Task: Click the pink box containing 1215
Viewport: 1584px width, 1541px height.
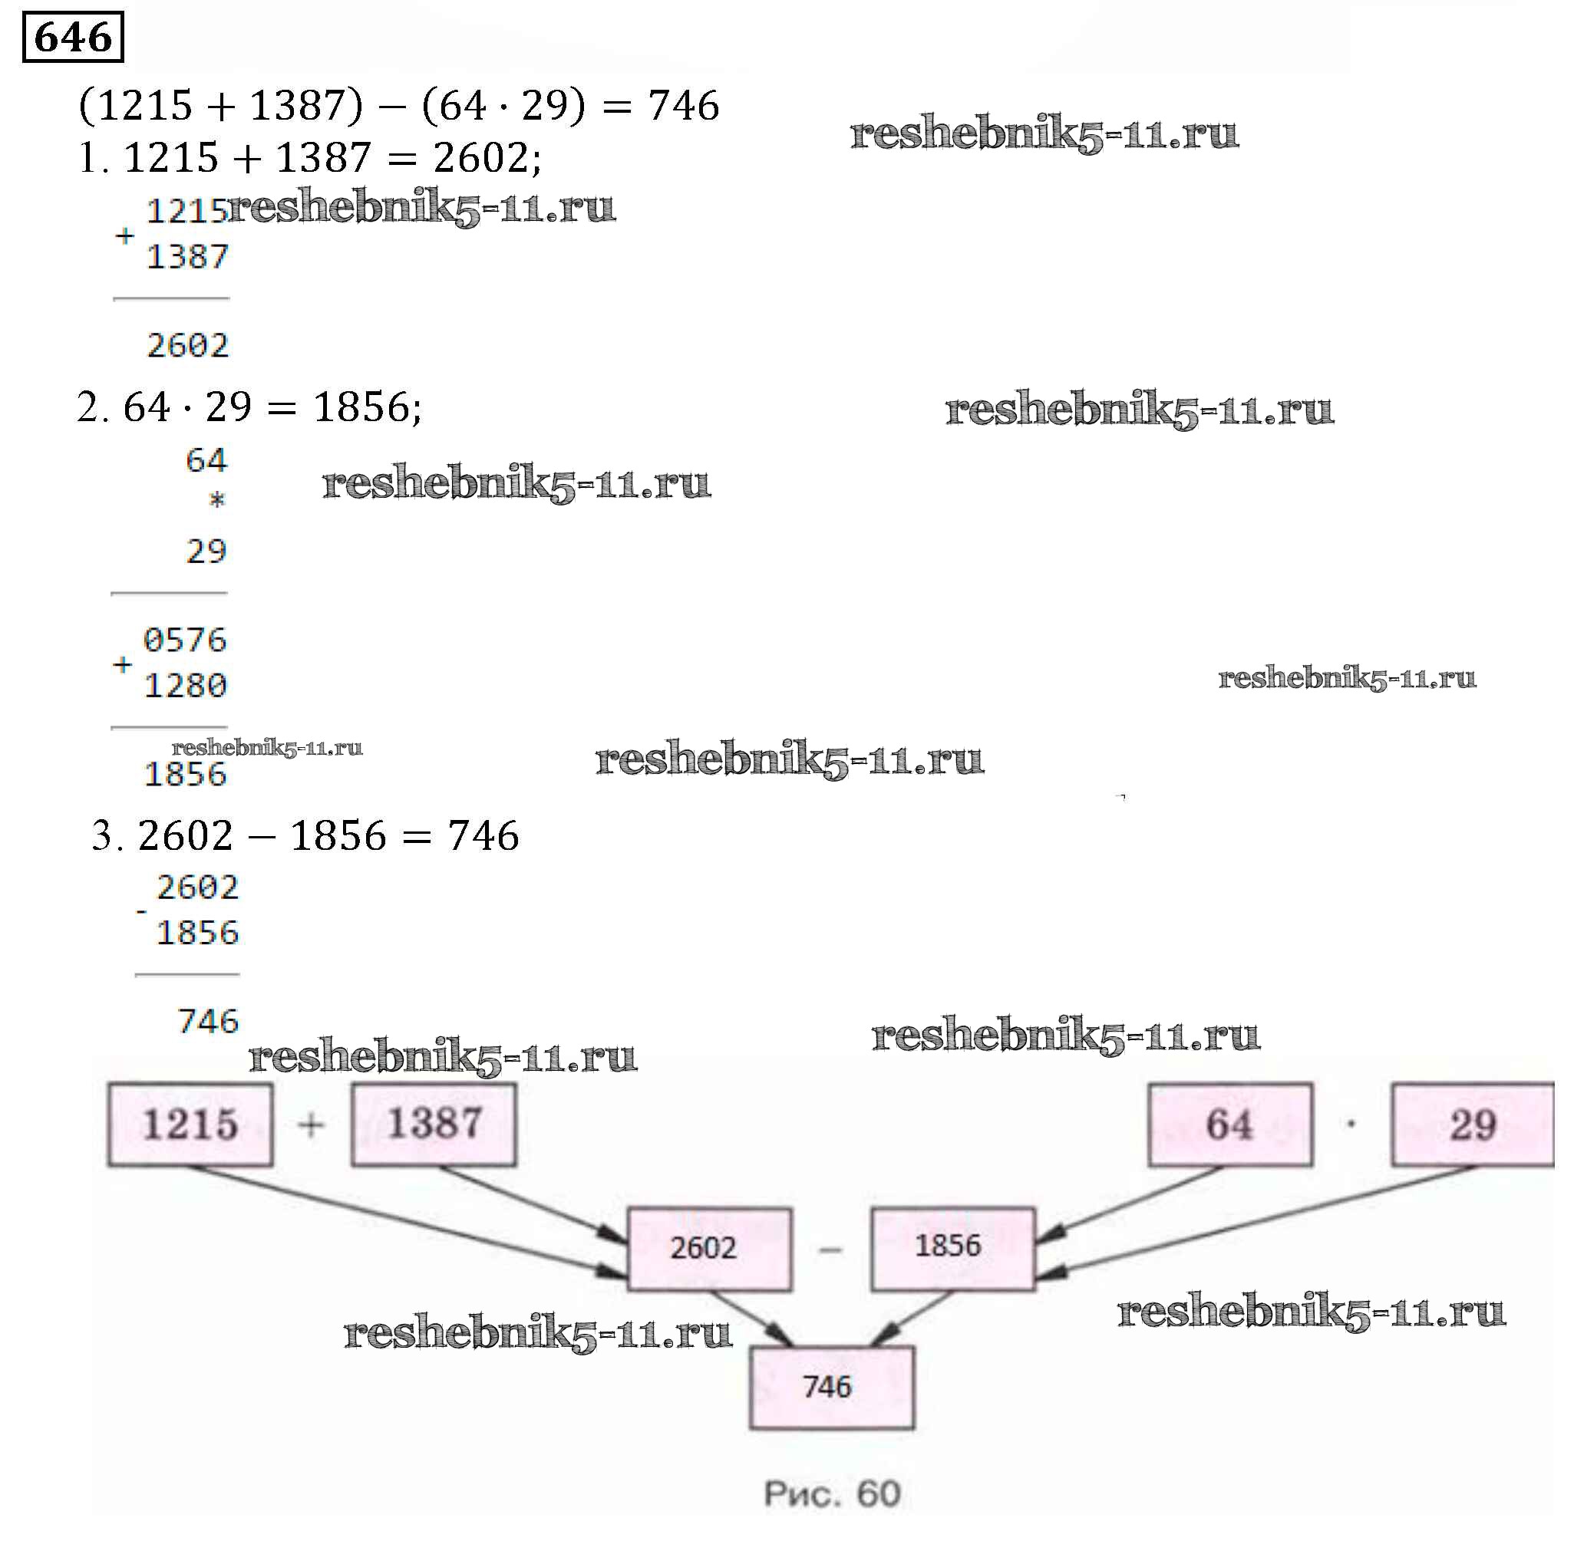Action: click(x=190, y=1124)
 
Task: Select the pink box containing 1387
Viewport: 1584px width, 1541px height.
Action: click(x=434, y=1124)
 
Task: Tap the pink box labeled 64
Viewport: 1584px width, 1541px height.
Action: click(x=1230, y=1124)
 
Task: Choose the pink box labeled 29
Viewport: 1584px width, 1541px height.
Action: click(x=1473, y=1124)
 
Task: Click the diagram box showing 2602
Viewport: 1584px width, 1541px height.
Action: click(x=709, y=1249)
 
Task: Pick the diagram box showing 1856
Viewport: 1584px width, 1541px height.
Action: click(x=952, y=1247)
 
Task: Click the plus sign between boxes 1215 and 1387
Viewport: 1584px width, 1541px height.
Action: click(x=312, y=1124)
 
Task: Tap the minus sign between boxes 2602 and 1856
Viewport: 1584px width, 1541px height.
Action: click(x=831, y=1250)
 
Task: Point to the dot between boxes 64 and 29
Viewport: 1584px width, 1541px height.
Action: click(x=1351, y=1124)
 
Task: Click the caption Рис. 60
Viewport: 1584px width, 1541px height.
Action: click(x=832, y=1494)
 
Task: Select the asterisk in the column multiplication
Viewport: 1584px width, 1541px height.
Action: click(x=216, y=500)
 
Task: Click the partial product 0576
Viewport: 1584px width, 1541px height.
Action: click(x=186, y=640)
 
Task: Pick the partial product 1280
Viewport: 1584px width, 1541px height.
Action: click(x=186, y=686)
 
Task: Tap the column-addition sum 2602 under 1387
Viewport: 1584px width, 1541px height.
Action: click(x=188, y=346)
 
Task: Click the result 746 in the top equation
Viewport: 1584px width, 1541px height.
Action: click(x=684, y=105)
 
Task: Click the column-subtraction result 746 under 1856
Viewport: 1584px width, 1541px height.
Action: click(x=208, y=1022)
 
